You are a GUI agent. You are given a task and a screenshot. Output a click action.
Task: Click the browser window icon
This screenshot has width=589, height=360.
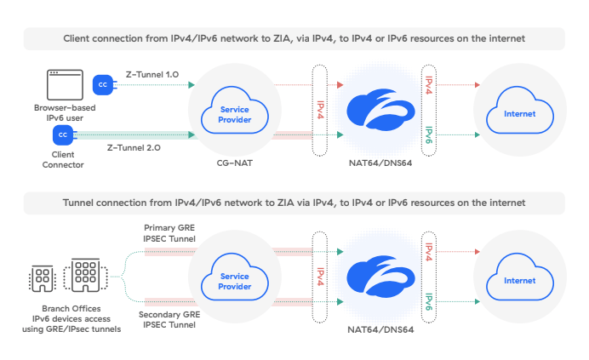[x=64, y=84]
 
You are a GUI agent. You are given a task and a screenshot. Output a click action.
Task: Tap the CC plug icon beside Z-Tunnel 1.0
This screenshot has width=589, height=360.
[x=103, y=84]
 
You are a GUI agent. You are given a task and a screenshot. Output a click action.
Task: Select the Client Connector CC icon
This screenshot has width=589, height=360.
[x=62, y=134]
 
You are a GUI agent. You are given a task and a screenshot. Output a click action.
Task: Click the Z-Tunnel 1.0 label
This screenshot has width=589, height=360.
[x=152, y=74]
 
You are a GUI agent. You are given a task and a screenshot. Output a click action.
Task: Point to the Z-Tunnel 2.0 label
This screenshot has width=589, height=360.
[x=134, y=147]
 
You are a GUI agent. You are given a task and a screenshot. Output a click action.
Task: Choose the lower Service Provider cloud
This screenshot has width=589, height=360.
[x=235, y=281]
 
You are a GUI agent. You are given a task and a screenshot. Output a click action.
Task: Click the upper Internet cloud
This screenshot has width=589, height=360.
[x=520, y=115]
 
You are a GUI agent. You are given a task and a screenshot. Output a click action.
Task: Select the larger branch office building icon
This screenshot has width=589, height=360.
[x=84, y=274]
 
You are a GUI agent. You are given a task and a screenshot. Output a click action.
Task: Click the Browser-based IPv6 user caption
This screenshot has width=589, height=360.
[x=65, y=113]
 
